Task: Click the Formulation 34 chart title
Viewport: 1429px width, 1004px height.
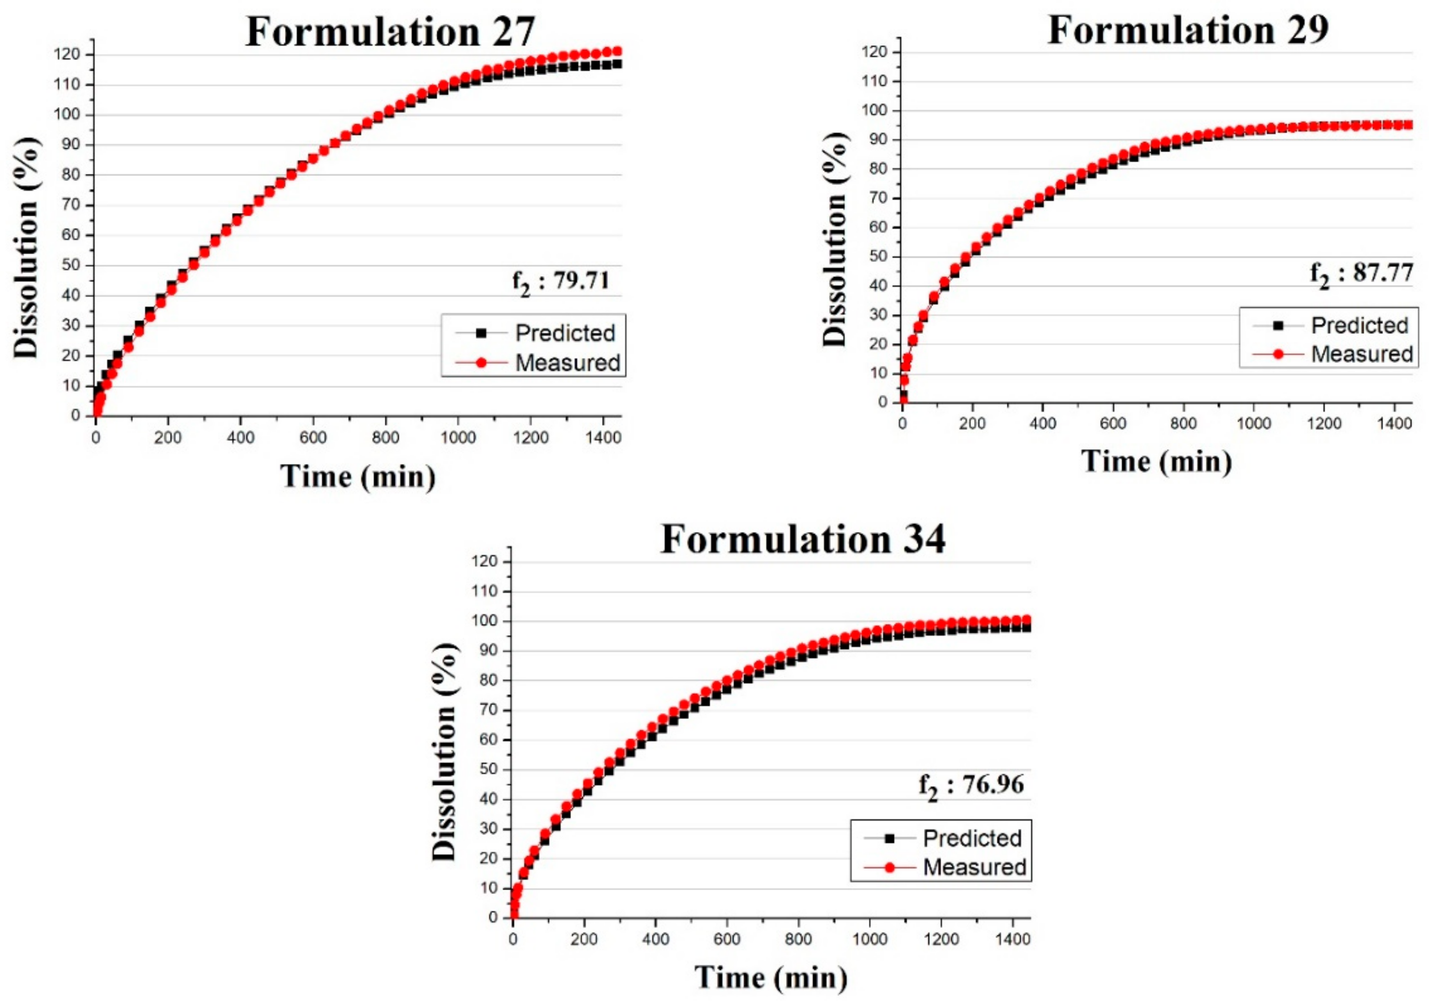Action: coord(802,538)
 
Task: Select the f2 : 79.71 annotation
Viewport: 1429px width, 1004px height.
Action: coord(561,282)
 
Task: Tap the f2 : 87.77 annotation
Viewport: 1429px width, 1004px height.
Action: coord(1360,274)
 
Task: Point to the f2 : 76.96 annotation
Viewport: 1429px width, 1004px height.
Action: coord(971,786)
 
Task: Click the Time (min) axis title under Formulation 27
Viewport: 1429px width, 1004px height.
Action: coord(358,477)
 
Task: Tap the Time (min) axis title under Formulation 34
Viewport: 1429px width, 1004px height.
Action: coord(771,977)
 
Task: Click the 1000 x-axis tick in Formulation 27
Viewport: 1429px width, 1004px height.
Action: coord(458,437)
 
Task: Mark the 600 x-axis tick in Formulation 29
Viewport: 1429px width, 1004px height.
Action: coord(1113,424)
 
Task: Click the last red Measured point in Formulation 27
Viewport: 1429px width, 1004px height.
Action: coord(617,52)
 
